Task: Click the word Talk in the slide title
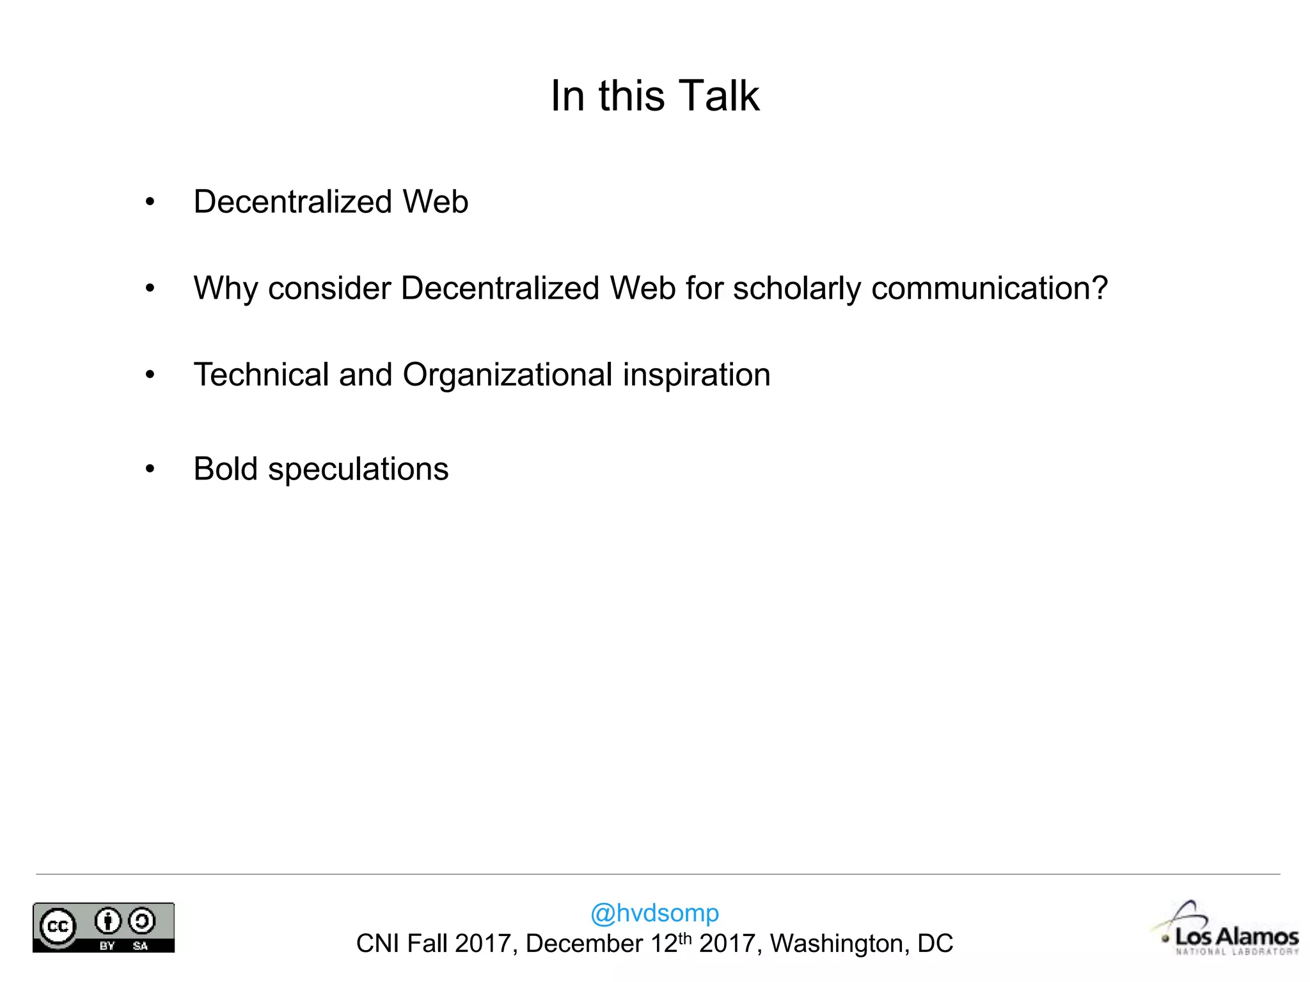719,96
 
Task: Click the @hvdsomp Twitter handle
654,912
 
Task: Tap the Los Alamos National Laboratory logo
1228,931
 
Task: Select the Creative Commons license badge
104,928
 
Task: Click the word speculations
358,470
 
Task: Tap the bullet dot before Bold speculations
150,470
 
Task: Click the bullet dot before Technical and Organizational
150,375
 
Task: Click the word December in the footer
584,944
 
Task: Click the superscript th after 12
685,938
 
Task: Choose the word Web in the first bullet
435,202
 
